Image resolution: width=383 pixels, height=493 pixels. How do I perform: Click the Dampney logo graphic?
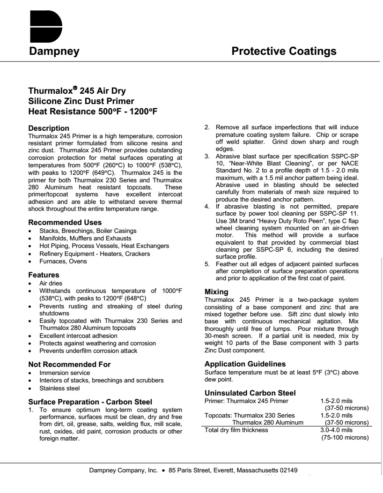pyautogui.click(x=46, y=27)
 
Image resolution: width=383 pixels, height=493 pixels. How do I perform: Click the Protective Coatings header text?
pyautogui.click(x=284, y=51)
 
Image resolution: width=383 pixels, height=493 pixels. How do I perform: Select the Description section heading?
pyautogui.click(x=49, y=128)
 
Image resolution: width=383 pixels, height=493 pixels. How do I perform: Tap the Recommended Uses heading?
pyautogui.click(x=65, y=222)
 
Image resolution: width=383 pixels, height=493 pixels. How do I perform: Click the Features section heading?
pyautogui.click(x=44, y=275)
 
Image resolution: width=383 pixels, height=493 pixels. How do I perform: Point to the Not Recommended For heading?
pyautogui.click(x=69, y=364)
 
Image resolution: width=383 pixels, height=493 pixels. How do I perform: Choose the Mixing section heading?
pyautogui.click(x=217, y=291)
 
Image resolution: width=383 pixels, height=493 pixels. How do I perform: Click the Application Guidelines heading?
pyautogui.click(x=245, y=364)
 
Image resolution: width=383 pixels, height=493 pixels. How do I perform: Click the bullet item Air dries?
pyautogui.click(x=51, y=284)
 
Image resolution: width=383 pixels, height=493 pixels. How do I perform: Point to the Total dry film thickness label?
pyautogui.click(x=236, y=430)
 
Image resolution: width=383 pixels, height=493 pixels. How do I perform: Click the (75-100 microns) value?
pyautogui.click(x=345, y=438)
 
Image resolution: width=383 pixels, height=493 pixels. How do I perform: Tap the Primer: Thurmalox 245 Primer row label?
pyautogui.click(x=247, y=401)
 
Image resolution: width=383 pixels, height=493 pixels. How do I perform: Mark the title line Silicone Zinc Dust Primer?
pyautogui.click(x=81, y=101)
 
